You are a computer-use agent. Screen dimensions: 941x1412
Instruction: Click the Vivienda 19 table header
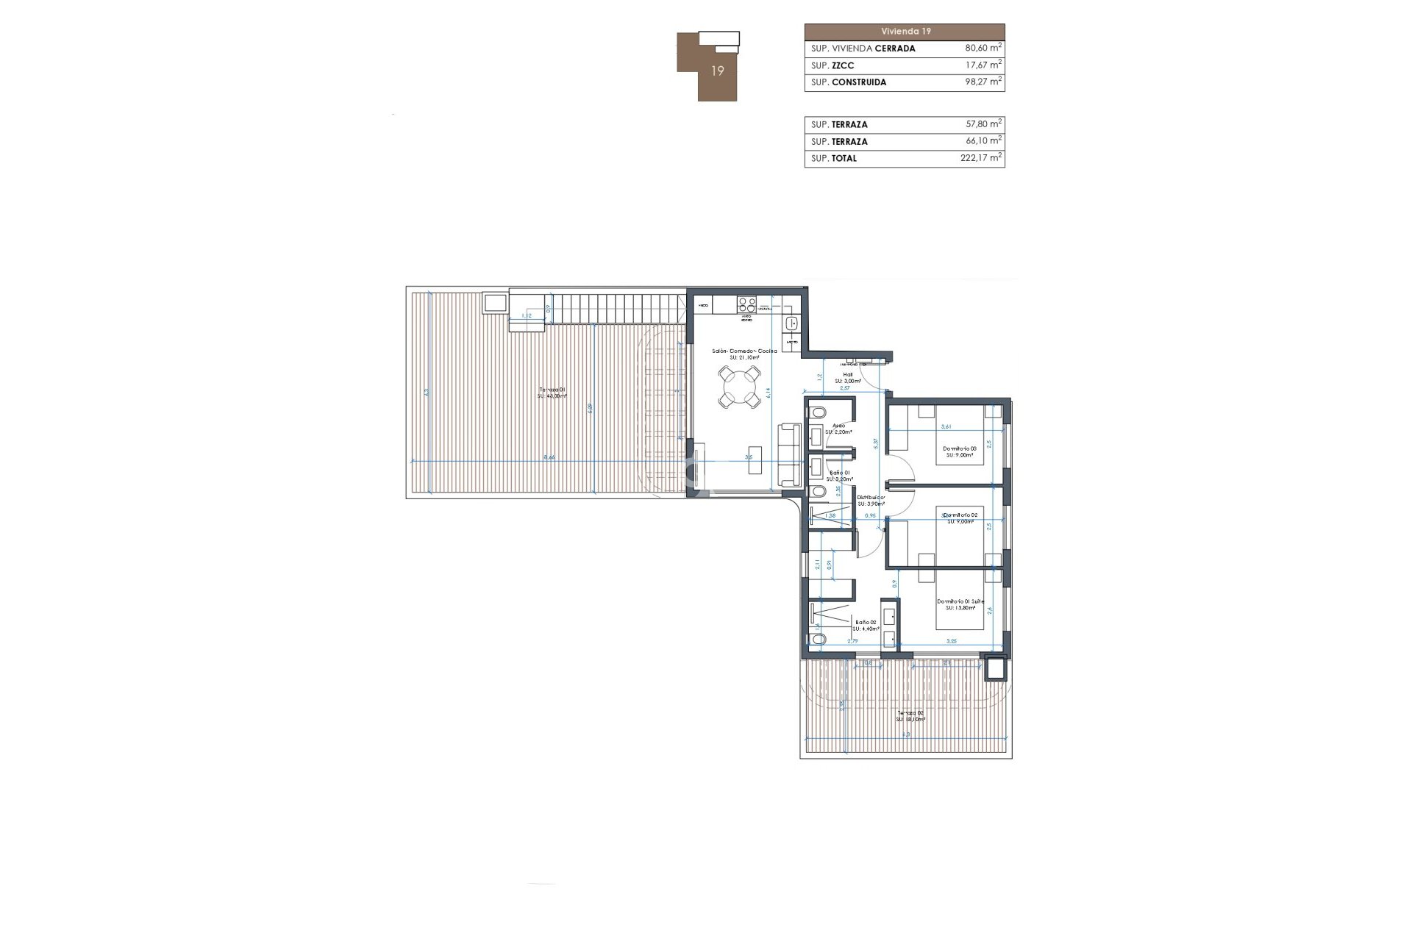905,32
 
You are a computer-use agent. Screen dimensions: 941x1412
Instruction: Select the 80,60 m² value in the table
983,49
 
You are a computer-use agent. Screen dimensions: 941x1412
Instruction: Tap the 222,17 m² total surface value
980,158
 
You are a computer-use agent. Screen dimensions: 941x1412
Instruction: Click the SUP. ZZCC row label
832,65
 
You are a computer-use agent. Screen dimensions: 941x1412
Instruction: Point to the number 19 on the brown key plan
718,71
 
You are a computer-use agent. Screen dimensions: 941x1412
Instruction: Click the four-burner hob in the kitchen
746,304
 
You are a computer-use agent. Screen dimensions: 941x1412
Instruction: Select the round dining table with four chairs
739,387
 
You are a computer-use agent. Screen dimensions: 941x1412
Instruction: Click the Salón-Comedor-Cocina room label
744,351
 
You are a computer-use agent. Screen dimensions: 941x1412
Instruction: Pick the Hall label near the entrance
848,374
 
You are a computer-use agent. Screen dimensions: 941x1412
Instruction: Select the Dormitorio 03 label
960,448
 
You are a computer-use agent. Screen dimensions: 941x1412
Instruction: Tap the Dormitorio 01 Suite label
960,601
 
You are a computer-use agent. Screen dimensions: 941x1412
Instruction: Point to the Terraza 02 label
910,712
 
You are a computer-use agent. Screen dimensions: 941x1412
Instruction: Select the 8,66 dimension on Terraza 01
549,457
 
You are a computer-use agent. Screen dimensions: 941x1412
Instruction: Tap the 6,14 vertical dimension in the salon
768,393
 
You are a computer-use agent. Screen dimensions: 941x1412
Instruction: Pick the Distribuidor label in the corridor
871,498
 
